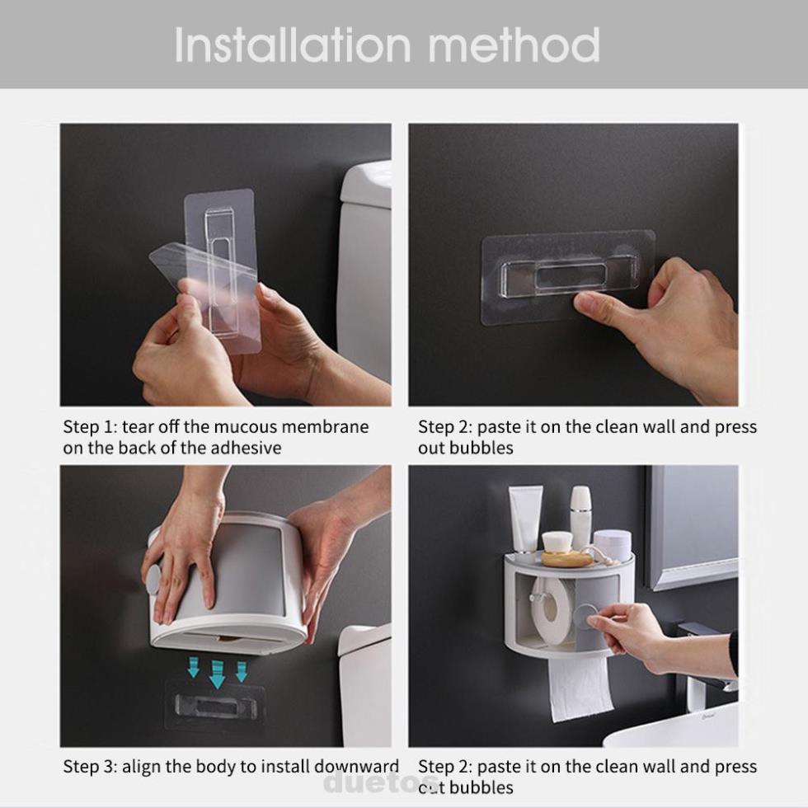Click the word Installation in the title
[x=293, y=45]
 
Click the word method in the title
[x=514, y=45]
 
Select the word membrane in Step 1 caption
[x=325, y=427]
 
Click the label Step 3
[x=90, y=767]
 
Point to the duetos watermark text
[x=381, y=782]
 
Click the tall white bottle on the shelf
[x=580, y=515]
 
